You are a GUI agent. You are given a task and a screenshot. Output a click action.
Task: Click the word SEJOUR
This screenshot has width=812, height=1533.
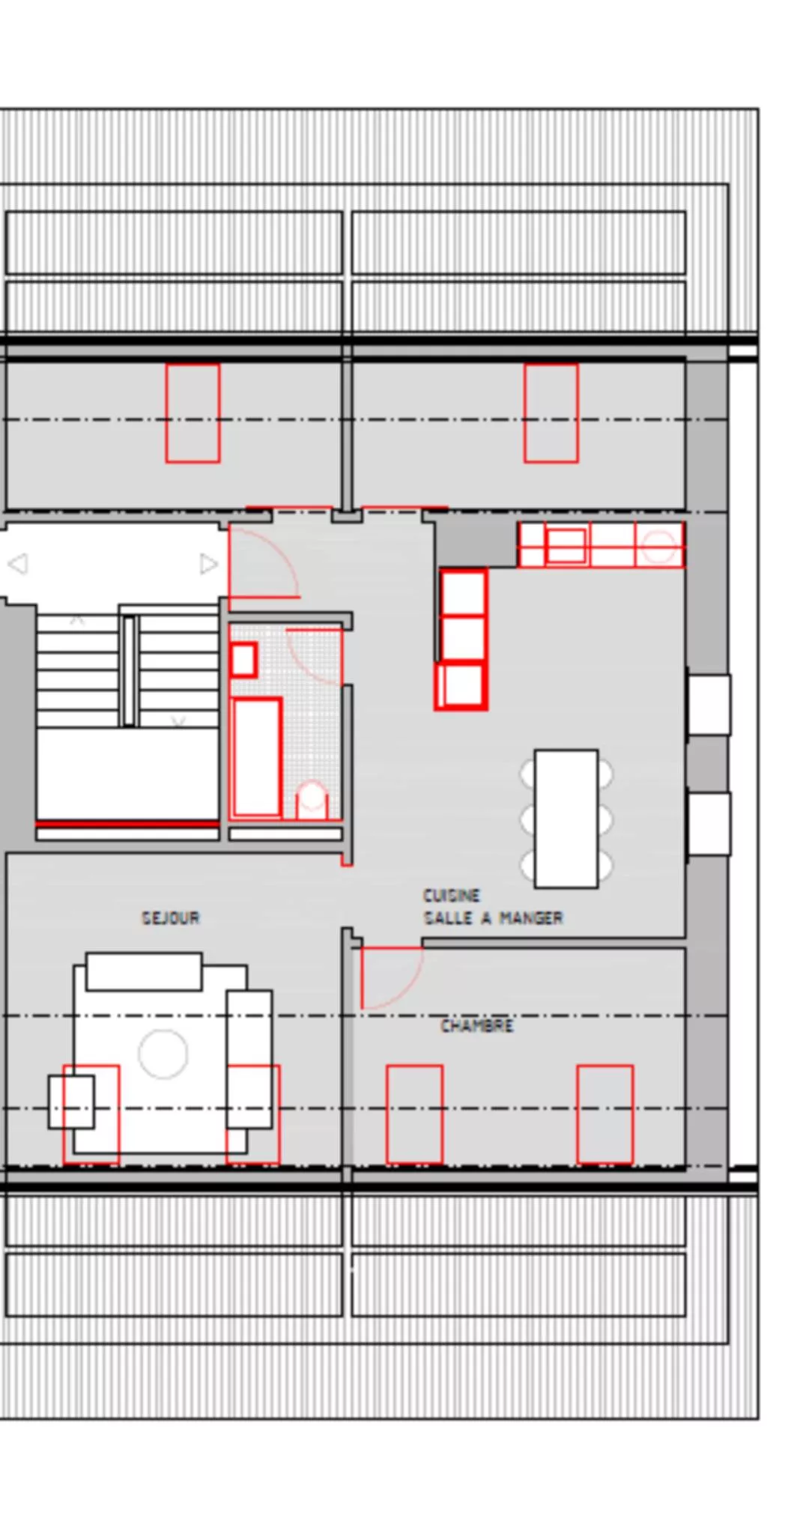(x=171, y=917)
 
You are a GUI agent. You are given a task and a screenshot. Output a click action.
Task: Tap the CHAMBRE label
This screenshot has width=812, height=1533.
(x=476, y=1025)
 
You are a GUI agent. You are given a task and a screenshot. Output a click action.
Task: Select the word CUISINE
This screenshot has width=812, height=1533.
(x=452, y=895)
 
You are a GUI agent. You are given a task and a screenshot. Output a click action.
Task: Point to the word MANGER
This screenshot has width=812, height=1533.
(x=531, y=917)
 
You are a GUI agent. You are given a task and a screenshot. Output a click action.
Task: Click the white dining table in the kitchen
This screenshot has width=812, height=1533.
(x=566, y=819)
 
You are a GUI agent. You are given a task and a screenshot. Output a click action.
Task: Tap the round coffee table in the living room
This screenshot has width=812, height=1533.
(x=163, y=1054)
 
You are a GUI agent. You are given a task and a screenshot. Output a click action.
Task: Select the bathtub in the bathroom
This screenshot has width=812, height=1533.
(x=256, y=757)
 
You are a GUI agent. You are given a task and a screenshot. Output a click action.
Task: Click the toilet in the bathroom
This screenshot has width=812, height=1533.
(x=312, y=800)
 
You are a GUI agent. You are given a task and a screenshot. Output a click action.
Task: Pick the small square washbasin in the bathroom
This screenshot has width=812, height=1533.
(x=243, y=660)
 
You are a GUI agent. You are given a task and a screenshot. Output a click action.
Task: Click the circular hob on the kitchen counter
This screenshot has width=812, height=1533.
(x=658, y=546)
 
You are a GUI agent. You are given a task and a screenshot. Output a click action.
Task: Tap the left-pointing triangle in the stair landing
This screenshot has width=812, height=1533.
(x=18, y=563)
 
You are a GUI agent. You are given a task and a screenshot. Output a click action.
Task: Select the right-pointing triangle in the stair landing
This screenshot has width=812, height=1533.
(x=208, y=563)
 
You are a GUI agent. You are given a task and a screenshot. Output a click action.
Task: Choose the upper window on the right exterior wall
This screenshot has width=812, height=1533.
(x=709, y=705)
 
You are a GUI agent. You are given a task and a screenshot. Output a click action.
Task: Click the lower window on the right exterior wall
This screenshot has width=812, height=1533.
(x=709, y=824)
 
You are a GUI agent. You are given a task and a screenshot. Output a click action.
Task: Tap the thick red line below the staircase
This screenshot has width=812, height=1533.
(x=127, y=825)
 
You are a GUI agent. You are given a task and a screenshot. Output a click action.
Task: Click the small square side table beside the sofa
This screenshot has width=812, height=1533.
(x=71, y=1102)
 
